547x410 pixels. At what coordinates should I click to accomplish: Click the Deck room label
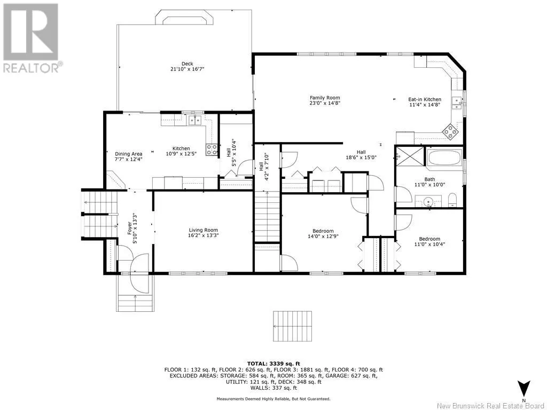pos(187,64)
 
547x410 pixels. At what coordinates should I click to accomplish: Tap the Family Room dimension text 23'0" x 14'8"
pos(325,103)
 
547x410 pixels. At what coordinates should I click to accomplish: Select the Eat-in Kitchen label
pos(425,99)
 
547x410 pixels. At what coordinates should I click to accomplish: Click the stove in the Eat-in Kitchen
pos(450,132)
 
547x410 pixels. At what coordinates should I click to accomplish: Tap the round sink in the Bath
pos(428,201)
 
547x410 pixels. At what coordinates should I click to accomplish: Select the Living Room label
pos(204,230)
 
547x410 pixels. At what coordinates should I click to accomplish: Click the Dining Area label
pos(129,154)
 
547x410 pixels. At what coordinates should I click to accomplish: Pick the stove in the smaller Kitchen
pos(212,150)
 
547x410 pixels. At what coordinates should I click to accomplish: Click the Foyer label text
pos(130,228)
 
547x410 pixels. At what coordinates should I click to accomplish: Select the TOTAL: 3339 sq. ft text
pos(273,364)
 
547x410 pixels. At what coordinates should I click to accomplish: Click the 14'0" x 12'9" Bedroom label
pos(323,233)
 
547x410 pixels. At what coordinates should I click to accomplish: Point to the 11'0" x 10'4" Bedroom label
pos(429,241)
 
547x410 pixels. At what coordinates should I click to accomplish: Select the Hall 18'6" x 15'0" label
pos(361,154)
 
